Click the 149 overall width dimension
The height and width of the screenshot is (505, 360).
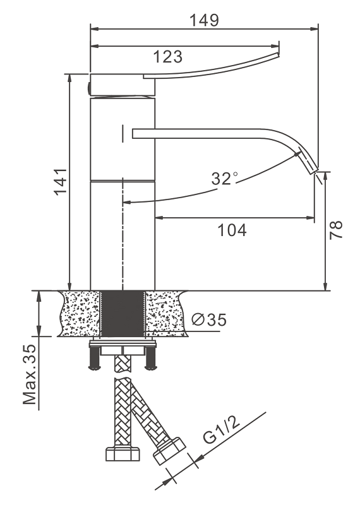[204, 20]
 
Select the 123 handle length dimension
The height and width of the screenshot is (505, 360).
[167, 57]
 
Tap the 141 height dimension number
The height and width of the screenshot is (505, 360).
[61, 181]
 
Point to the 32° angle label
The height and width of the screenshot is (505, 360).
[224, 178]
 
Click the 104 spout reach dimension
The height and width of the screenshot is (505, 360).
[232, 230]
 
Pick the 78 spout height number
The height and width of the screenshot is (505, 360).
[336, 230]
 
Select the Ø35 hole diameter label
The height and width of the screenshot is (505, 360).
[209, 319]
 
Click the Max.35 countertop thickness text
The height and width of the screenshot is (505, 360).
[29, 374]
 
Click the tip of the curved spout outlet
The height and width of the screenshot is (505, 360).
[315, 171]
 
